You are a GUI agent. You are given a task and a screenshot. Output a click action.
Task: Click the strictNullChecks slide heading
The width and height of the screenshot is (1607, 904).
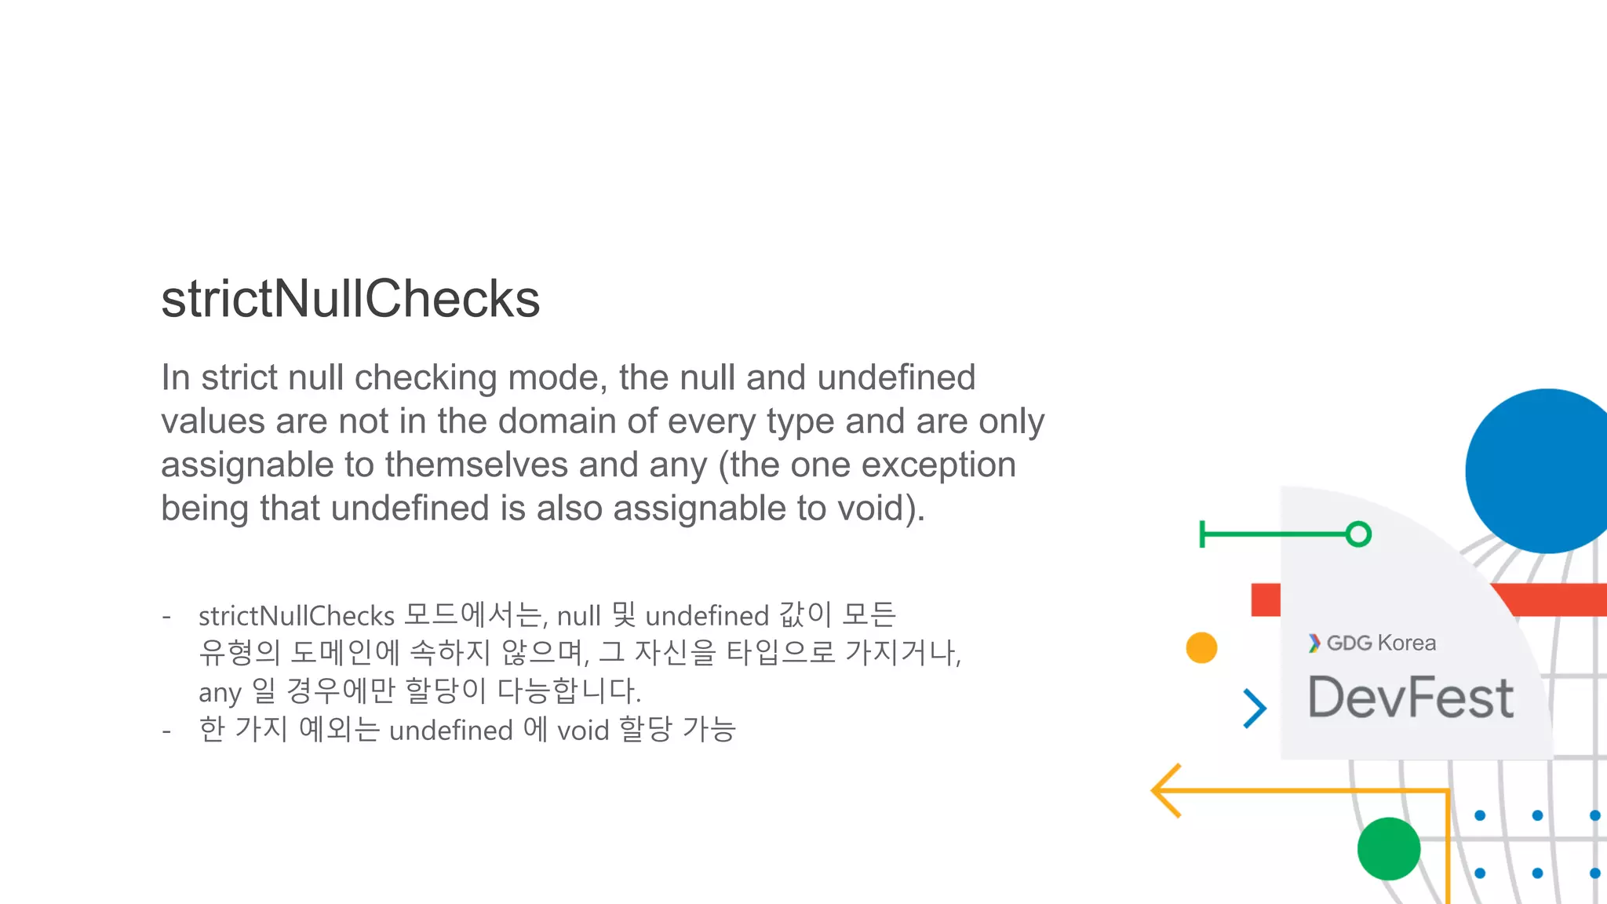[x=350, y=299]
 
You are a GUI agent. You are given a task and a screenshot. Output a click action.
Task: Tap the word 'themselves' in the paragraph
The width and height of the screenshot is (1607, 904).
[x=476, y=465]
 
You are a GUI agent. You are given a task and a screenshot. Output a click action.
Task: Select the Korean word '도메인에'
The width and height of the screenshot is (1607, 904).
[x=345, y=652]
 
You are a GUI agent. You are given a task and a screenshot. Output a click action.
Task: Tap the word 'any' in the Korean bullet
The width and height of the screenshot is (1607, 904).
[x=219, y=692]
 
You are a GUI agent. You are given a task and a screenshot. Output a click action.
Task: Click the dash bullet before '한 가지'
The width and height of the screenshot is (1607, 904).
[x=166, y=731]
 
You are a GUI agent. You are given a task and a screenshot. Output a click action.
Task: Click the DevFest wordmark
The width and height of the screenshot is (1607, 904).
[x=1410, y=698]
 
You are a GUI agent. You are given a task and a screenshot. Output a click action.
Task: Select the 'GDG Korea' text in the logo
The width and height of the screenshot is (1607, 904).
[x=1381, y=643]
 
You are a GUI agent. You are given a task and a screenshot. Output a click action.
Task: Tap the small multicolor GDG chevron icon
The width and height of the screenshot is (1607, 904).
[x=1314, y=643]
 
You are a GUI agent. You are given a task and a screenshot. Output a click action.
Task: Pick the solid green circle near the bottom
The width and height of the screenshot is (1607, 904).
[x=1388, y=849]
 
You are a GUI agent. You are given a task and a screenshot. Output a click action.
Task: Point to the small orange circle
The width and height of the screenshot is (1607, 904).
[x=1201, y=648]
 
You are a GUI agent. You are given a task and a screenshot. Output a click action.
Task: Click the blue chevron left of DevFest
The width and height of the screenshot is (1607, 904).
[x=1255, y=708]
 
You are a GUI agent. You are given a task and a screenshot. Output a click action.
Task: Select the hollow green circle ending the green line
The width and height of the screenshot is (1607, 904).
[x=1358, y=534]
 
